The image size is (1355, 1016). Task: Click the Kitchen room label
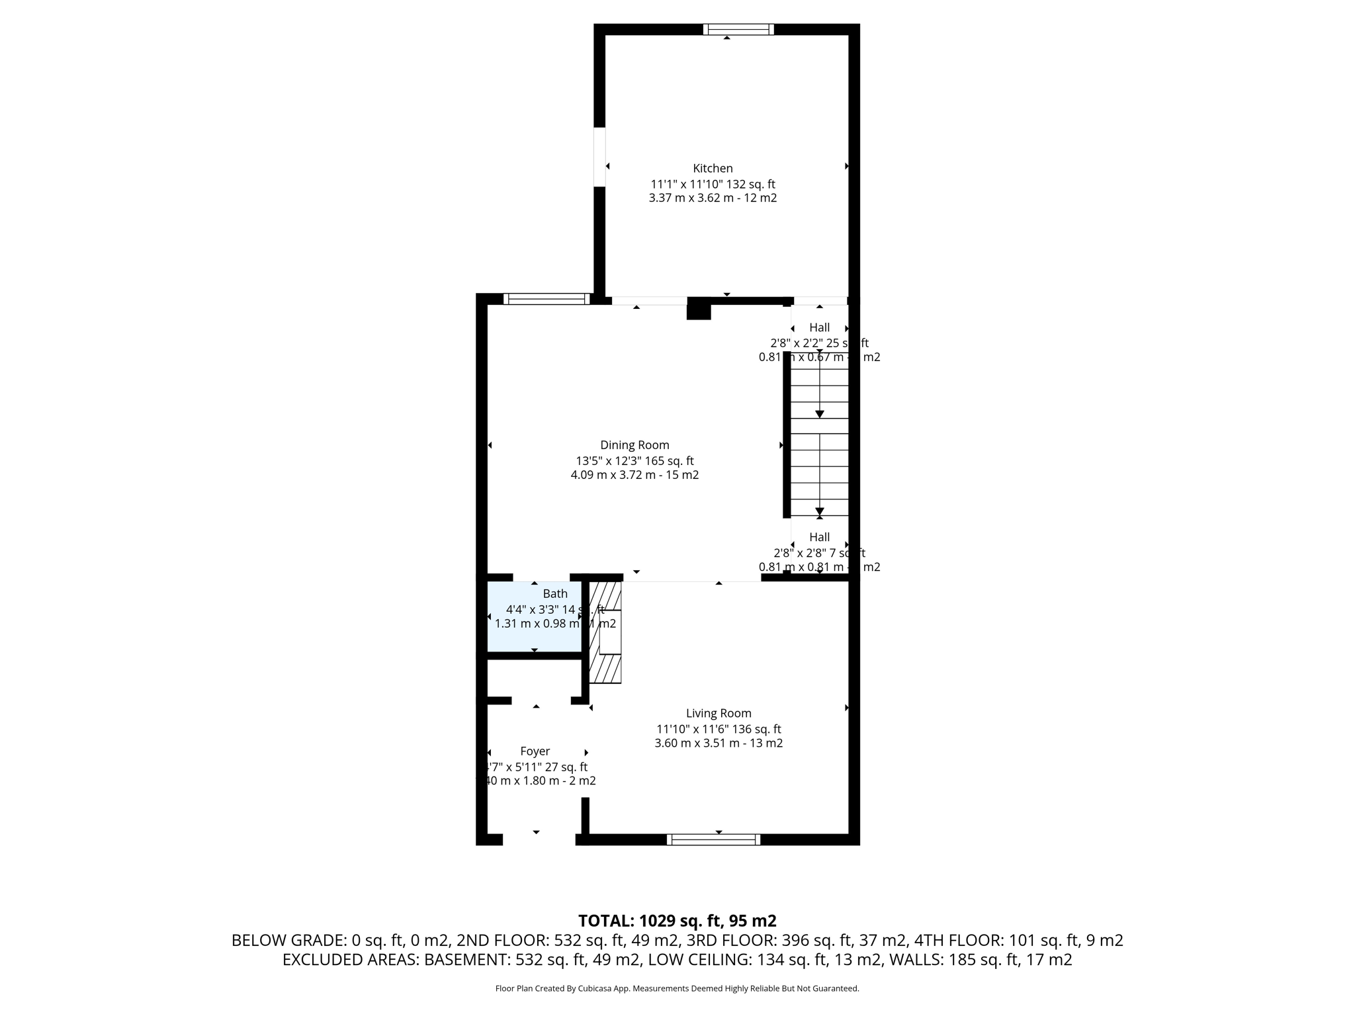[x=713, y=168]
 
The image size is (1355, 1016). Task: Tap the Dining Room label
[x=634, y=445]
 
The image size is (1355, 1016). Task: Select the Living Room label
[x=718, y=713]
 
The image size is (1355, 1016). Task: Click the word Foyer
[x=535, y=751]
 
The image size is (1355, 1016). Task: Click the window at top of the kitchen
[x=738, y=29]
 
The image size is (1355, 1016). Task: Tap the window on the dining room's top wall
[x=546, y=299]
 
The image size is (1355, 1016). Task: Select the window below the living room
[x=713, y=839]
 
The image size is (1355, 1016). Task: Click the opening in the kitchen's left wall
[x=599, y=157]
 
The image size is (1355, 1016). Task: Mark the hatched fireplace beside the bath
[x=605, y=633]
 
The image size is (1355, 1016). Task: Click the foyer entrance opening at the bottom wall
[x=539, y=839]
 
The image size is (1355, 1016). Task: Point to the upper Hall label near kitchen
[x=819, y=327]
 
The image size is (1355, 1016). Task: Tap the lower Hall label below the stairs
[x=819, y=537]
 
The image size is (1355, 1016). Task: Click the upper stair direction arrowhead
[x=820, y=414]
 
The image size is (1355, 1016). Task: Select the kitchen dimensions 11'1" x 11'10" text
[x=713, y=185]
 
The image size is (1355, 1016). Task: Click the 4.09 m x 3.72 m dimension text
[x=634, y=475]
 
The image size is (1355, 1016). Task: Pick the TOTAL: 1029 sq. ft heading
[x=677, y=921]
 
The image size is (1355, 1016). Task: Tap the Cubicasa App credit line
[x=677, y=989]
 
